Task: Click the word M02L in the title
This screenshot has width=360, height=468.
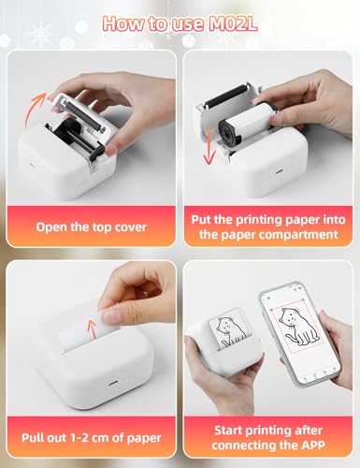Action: click(233, 23)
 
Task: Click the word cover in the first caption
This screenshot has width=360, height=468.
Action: click(131, 227)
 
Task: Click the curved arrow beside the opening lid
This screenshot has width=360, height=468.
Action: click(34, 108)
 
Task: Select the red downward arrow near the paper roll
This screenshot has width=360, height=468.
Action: click(209, 147)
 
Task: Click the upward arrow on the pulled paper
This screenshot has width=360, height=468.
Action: click(92, 330)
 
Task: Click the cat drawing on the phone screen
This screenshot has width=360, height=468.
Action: click(296, 327)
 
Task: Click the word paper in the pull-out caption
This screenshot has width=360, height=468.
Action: click(144, 438)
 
